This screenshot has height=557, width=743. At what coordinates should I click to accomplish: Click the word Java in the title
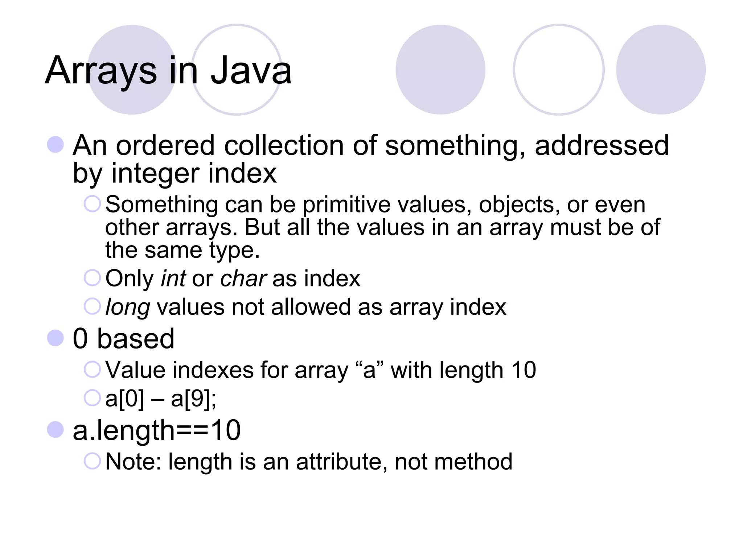(x=251, y=70)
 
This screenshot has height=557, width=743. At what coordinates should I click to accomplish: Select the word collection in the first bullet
(x=283, y=145)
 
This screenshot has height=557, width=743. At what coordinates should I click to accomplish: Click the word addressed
(x=602, y=145)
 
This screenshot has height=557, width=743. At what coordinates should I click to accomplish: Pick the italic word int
(x=173, y=278)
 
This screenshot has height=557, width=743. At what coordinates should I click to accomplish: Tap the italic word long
(x=127, y=308)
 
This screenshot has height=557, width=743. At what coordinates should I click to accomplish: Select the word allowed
(x=311, y=307)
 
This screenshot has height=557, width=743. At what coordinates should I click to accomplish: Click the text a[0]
(x=124, y=399)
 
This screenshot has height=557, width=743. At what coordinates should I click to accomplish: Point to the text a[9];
(x=193, y=399)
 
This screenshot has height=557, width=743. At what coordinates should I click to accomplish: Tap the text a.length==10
(x=157, y=430)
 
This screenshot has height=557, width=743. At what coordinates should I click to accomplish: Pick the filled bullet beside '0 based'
(x=56, y=338)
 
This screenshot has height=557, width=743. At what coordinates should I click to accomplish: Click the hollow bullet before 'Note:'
(x=92, y=461)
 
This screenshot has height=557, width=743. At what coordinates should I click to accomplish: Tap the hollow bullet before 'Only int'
(x=92, y=278)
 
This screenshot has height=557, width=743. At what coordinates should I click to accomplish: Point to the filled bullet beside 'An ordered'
(x=56, y=145)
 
